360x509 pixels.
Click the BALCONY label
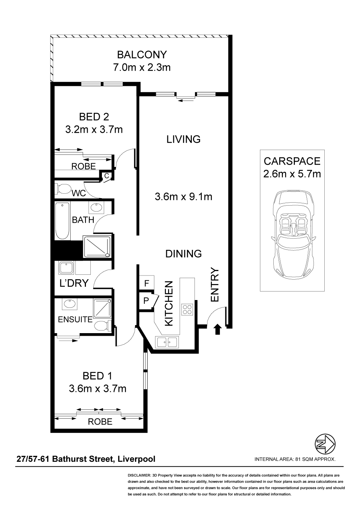click(142, 55)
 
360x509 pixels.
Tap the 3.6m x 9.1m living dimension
click(183, 197)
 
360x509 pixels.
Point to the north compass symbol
click(325, 444)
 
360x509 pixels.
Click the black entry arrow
click(218, 329)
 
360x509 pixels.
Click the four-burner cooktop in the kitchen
click(187, 309)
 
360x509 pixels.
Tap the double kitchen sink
click(167, 342)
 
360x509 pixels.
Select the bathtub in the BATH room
click(62, 221)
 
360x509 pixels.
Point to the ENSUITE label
click(75, 319)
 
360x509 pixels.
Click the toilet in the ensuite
click(103, 326)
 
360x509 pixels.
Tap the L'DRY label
click(74, 283)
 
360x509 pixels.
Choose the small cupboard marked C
click(107, 175)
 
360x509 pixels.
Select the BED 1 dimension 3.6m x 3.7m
click(97, 389)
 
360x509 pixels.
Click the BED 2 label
click(94, 117)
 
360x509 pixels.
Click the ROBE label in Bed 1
click(100, 422)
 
